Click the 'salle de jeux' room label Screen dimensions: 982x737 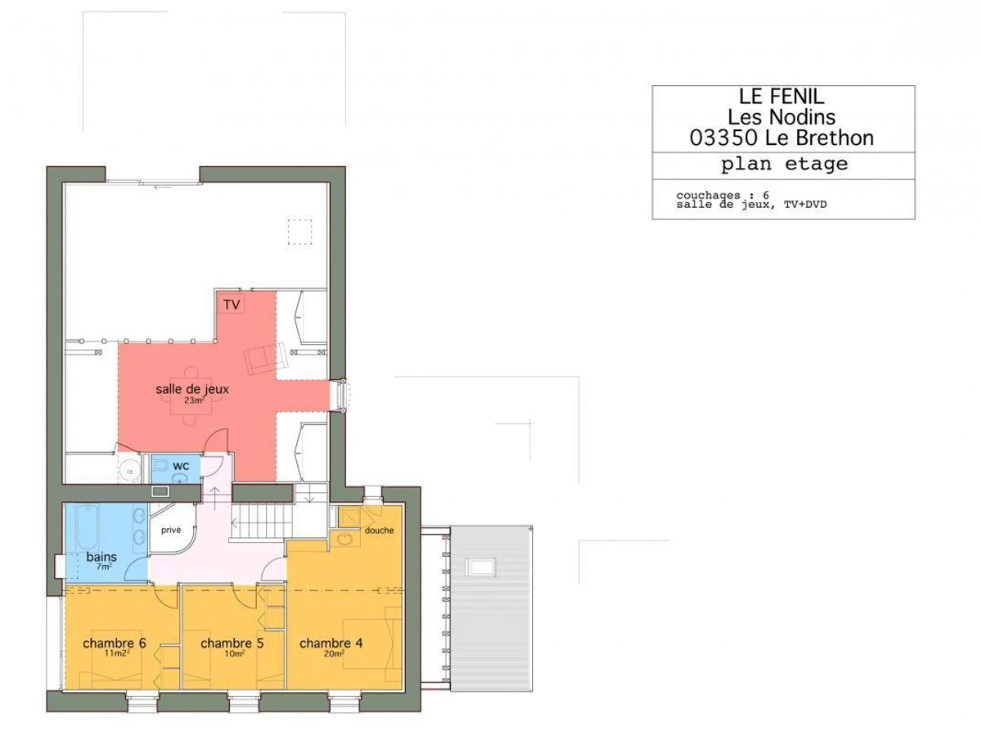192,389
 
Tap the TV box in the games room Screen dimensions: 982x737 232,305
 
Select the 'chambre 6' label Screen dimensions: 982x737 115,644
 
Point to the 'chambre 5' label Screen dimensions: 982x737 232,644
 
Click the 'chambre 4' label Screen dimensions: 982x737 331,644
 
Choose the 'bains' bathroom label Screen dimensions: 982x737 101,557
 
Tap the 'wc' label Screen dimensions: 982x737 181,466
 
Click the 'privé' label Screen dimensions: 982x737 171,531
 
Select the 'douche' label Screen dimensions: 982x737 380,531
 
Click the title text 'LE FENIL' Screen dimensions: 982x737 782,97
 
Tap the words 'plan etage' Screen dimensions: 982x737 784,165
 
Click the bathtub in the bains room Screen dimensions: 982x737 88,527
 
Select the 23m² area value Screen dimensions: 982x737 194,400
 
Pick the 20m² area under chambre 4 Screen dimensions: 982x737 334,653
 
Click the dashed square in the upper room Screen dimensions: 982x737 300,232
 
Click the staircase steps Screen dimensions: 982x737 262,521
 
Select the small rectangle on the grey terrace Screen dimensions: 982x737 481,567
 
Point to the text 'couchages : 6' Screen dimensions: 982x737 723,195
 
